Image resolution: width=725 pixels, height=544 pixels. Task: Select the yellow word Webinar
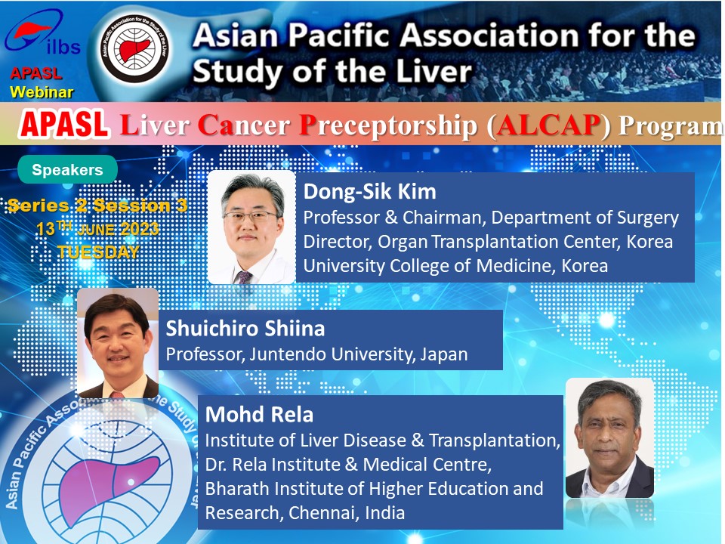point(42,92)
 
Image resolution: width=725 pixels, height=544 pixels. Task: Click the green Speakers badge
point(67,169)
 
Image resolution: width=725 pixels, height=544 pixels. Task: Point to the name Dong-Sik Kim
point(369,191)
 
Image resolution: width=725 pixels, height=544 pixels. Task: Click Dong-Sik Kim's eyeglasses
point(250,216)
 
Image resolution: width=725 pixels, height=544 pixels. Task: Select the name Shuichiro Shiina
point(245,329)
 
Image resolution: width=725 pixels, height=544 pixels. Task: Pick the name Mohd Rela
point(259,415)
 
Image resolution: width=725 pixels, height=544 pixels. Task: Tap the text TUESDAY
point(98,252)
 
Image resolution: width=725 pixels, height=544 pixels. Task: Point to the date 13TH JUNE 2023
point(97,228)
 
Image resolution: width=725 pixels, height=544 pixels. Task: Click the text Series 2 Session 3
point(97,206)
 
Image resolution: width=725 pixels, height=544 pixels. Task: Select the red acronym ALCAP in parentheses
point(548,125)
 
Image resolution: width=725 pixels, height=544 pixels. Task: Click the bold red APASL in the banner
point(64,125)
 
